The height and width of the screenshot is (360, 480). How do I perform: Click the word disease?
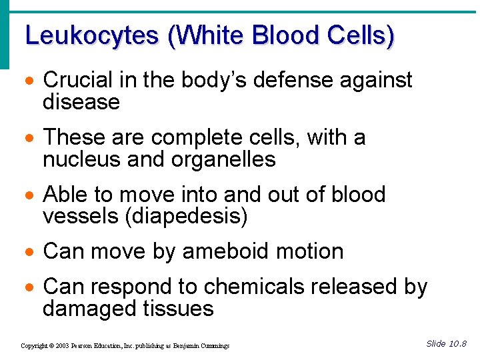coord(81,102)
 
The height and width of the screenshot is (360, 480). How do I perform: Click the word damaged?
coord(90,309)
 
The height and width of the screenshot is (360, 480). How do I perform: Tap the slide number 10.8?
coord(457,344)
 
